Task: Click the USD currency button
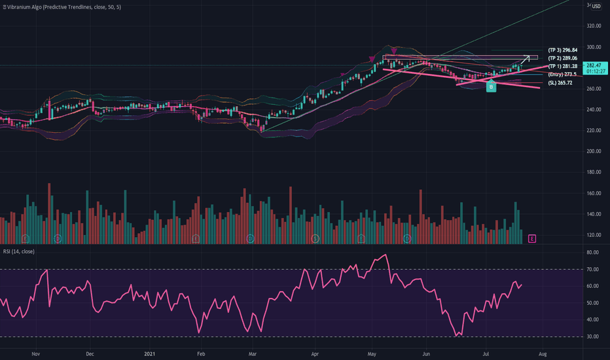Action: [x=596, y=7]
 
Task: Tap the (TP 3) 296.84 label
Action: [x=562, y=50]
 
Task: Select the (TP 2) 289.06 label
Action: [x=562, y=58]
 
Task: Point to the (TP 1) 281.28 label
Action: [x=562, y=66]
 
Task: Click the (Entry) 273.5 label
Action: [x=562, y=75]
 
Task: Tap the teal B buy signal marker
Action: [x=490, y=87]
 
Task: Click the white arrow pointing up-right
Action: [x=525, y=61]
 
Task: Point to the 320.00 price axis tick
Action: [x=594, y=26]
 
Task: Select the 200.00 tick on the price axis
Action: [x=594, y=151]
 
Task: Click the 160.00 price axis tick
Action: [x=594, y=193]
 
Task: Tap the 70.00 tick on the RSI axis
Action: [x=594, y=269]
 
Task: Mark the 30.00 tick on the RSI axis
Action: [x=594, y=336]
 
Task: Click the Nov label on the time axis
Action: [x=35, y=353]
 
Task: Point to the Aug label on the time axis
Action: [x=543, y=353]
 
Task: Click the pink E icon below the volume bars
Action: [x=533, y=238]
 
